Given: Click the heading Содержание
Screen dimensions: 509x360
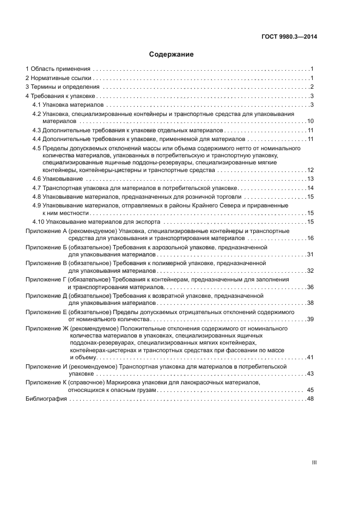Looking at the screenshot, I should [171, 54].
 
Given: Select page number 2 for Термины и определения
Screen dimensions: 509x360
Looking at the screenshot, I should [313, 87].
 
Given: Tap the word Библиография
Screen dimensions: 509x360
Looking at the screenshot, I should [46, 399].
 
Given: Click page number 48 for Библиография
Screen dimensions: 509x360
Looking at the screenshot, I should [311, 399].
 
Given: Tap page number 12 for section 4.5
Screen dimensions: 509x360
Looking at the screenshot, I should [310, 170].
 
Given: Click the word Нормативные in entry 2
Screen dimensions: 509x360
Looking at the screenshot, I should [47, 78].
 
